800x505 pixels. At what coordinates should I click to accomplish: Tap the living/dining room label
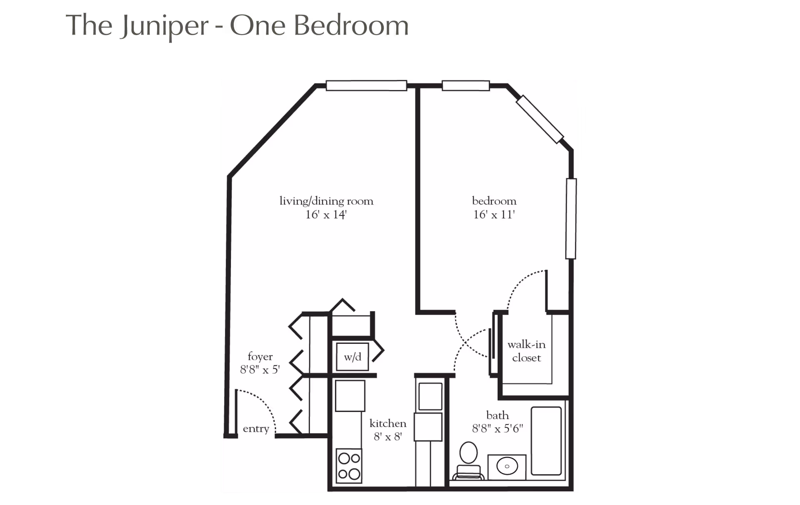coord(326,201)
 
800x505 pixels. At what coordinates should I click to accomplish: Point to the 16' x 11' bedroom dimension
coord(494,215)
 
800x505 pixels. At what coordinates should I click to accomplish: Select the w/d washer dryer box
coord(352,357)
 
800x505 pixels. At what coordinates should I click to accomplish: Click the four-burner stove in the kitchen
coord(349,466)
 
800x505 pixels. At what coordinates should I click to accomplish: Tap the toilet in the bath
coord(468,461)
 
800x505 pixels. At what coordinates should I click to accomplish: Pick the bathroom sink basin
coord(507,466)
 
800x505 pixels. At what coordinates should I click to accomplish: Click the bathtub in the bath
coord(546,441)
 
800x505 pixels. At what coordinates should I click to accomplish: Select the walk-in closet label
coord(526,351)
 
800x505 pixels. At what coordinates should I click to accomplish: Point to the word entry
coord(256,429)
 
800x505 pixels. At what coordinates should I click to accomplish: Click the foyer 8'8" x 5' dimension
coord(260,370)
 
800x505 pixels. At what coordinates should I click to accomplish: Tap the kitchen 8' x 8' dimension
coord(388,437)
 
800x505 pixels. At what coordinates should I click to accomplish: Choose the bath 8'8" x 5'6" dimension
coord(497,428)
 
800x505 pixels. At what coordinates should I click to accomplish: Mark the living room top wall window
coord(366,85)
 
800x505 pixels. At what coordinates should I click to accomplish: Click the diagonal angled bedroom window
coord(540,120)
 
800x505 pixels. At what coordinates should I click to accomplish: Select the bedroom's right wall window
coord(571,219)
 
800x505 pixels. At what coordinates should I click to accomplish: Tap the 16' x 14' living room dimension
coord(326,215)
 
